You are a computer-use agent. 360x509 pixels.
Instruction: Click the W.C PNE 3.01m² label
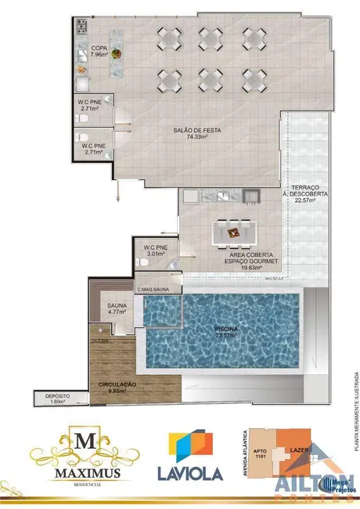click(155, 251)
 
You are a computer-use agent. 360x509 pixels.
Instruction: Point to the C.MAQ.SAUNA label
click(154, 289)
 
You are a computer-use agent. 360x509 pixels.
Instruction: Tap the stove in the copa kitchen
click(81, 28)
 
